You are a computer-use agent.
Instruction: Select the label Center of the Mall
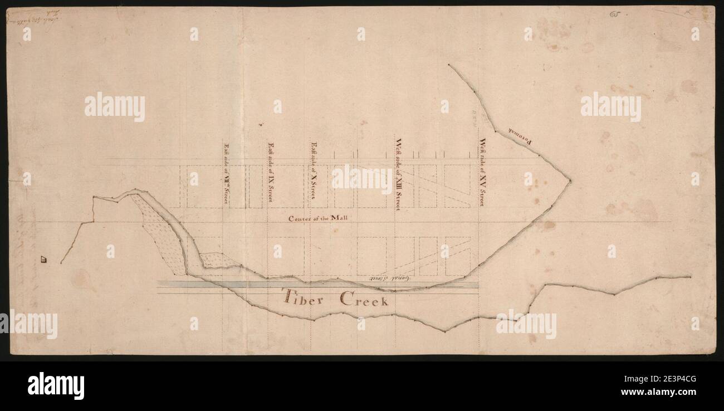(317, 218)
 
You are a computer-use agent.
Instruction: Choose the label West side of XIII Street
(398, 174)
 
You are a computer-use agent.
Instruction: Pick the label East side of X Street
(314, 170)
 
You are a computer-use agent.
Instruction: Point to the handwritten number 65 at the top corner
(615, 13)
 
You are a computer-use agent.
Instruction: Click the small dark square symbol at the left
(43, 258)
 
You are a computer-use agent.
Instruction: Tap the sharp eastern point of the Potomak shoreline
(569, 180)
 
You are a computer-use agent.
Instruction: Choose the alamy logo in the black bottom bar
(56, 385)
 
